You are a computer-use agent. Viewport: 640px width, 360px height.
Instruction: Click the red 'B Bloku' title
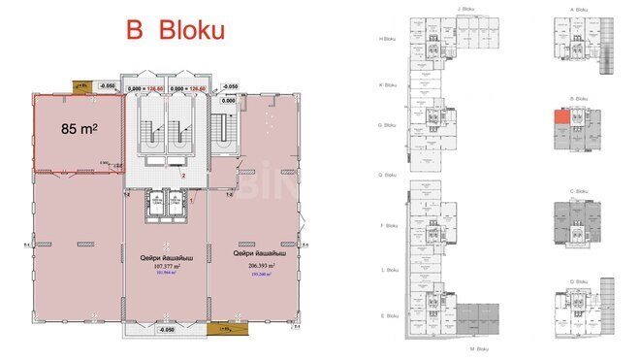pos(176,30)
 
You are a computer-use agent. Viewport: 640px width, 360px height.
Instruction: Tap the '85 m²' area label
pos(82,127)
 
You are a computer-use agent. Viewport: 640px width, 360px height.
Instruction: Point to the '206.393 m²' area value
pos(255,264)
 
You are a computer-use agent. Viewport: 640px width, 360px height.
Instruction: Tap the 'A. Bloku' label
pos(580,9)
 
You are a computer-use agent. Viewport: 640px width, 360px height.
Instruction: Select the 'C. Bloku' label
pos(580,191)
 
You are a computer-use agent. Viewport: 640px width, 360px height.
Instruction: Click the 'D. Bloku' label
pos(580,281)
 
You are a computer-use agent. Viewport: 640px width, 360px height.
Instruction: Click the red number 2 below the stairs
pos(182,177)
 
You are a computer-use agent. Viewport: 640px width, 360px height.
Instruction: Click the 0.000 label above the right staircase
pos(229,100)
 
